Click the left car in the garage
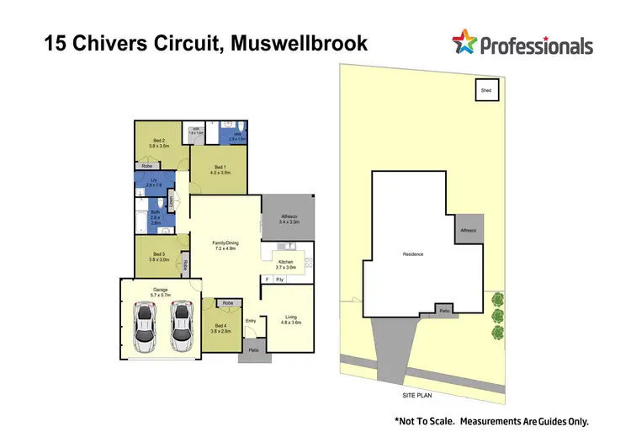click(145, 328)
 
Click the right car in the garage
click(181, 328)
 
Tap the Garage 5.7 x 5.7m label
click(160, 292)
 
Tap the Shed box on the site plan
click(486, 89)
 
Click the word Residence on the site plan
click(412, 253)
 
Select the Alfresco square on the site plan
click(469, 230)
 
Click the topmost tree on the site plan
click(497, 299)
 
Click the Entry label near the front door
click(251, 321)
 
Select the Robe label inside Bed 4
click(227, 302)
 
